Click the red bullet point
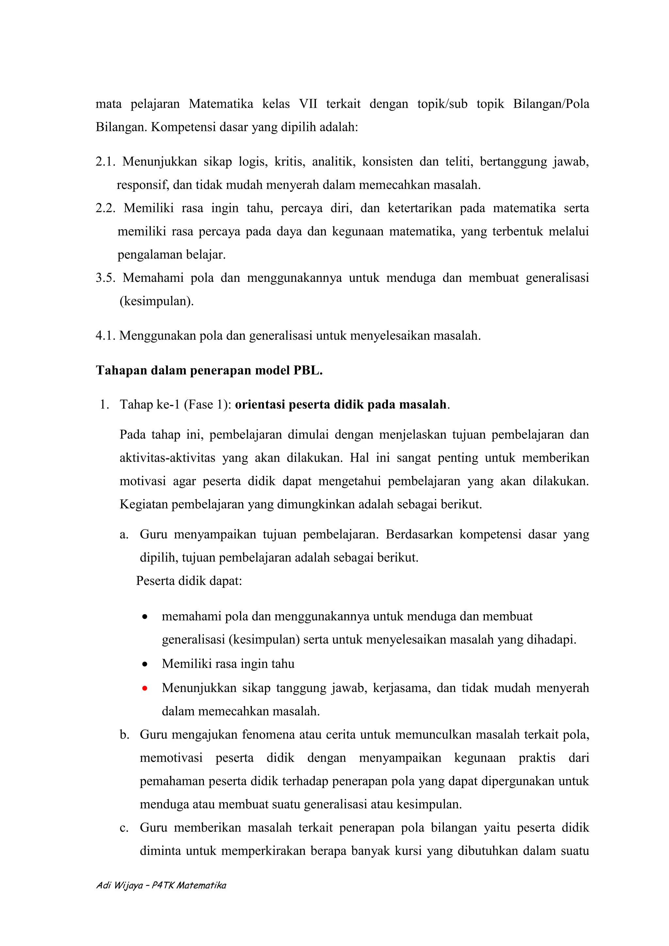click(x=145, y=688)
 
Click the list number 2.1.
click(x=105, y=162)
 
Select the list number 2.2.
click(x=106, y=208)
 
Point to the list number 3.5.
click(x=105, y=278)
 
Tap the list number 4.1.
click(x=105, y=336)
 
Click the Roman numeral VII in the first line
click(x=308, y=104)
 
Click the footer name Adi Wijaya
click(x=120, y=885)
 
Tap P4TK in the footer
click(x=162, y=885)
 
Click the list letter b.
click(x=124, y=735)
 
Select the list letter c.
click(x=124, y=828)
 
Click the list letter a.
click(x=124, y=535)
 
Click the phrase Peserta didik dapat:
click(x=189, y=581)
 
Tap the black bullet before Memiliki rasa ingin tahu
click(x=145, y=665)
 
